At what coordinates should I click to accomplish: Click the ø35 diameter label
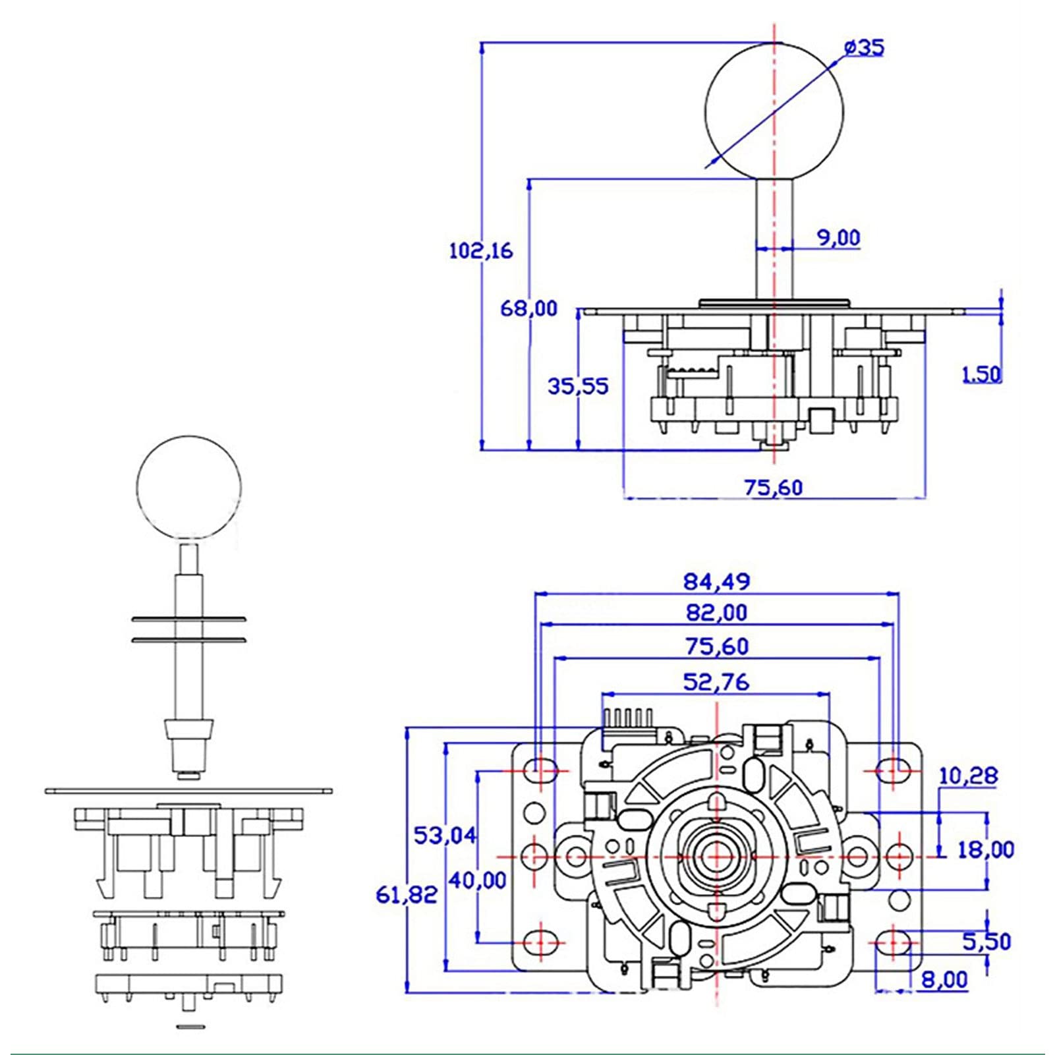point(863,48)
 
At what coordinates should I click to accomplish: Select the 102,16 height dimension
point(480,251)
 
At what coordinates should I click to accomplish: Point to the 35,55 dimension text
point(578,386)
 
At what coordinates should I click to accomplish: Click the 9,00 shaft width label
point(839,237)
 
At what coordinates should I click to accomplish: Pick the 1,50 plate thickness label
point(981,375)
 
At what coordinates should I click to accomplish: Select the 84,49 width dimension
point(716,582)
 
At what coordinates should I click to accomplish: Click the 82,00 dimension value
point(716,613)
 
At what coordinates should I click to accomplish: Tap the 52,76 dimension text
point(716,682)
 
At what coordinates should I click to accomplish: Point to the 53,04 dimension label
point(445,836)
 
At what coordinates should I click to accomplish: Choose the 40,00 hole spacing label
point(477,880)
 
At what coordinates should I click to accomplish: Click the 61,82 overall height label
point(407,894)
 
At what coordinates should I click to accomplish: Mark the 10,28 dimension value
point(968,776)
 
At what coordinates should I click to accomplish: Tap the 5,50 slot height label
point(986,942)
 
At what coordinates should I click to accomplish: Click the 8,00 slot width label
point(944,980)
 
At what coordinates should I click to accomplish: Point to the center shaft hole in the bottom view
point(716,857)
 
